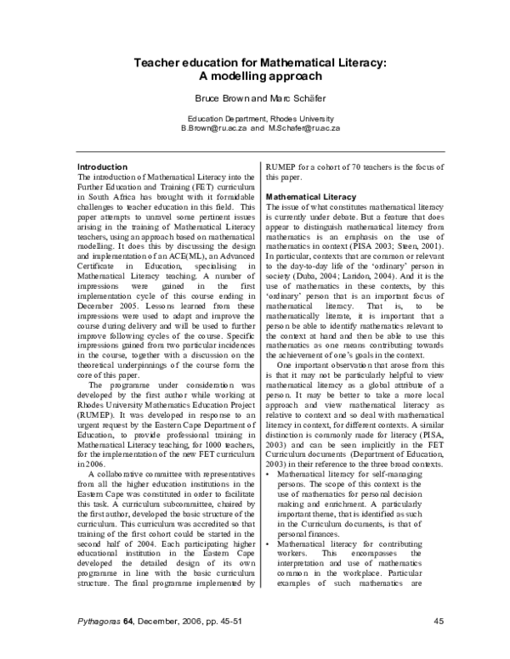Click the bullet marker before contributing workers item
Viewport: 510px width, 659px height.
click(x=269, y=540)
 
